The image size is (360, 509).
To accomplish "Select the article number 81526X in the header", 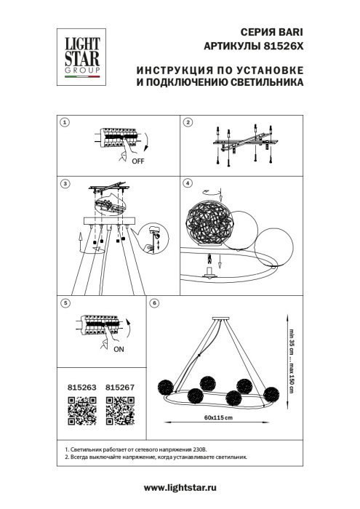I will click(282, 46).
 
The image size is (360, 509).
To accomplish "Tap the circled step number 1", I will click(65, 122).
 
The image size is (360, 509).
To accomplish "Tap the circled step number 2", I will click(187, 122).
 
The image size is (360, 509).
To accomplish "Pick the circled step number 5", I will click(65, 302).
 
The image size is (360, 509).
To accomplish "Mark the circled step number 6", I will click(153, 302).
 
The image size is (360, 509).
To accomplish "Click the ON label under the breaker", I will click(119, 348).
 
